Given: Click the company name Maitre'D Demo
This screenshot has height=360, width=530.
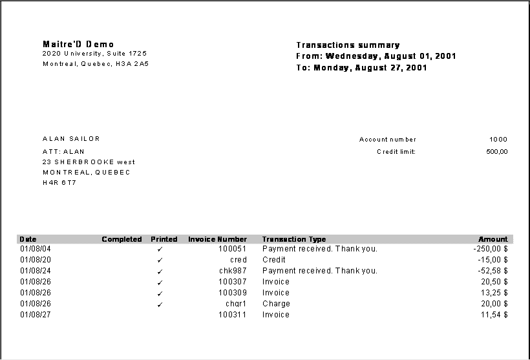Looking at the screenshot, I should pos(78,44).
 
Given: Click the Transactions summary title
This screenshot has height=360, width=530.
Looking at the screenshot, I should pos(348,45).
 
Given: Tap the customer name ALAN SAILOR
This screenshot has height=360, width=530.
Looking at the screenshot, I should pos(71,139).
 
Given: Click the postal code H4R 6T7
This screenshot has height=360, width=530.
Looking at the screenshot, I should pos(59,183).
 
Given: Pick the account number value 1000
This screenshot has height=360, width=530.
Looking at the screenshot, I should pos(498,140).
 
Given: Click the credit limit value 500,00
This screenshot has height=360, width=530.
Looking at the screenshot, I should pos(496,152).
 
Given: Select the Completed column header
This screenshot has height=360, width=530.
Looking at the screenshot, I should pos(122,239).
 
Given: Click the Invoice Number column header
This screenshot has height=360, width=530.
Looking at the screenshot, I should pos(217,239).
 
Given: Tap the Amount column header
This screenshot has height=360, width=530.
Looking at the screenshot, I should pos(493,239).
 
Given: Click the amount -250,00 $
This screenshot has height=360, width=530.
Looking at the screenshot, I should pos(490,249).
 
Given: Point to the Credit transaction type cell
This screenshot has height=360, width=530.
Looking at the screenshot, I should pos(274,260).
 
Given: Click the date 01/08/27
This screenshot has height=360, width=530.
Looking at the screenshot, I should pos(36,315).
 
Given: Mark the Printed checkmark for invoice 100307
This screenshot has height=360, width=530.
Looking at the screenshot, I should pos(160,282).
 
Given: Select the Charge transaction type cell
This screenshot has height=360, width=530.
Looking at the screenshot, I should pos(276,304).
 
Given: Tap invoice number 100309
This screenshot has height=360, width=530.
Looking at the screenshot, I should pos(232,293).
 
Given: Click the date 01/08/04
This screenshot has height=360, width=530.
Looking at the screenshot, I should pos(36,249).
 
